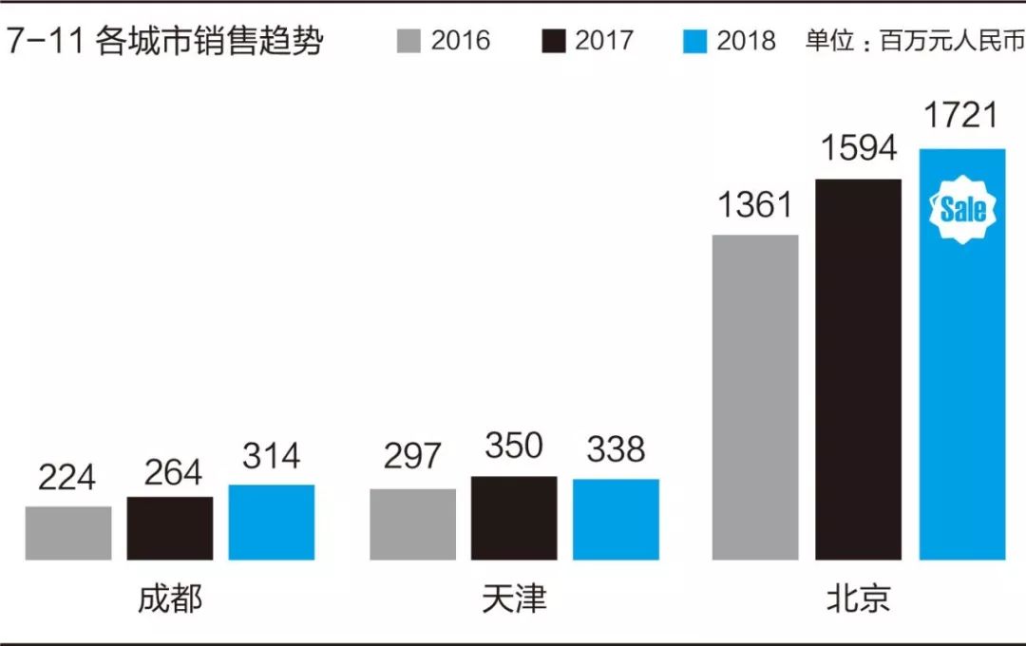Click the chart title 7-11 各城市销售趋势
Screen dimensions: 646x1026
[x=163, y=43]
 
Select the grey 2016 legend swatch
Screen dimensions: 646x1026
[x=408, y=42]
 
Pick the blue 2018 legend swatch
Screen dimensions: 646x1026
[x=695, y=42]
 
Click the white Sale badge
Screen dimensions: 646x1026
[x=962, y=210]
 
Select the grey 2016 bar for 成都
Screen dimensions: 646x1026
[x=68, y=533]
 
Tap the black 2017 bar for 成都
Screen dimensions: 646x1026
[x=170, y=528]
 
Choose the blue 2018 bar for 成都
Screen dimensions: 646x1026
[x=272, y=522]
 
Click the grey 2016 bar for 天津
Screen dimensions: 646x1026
[x=412, y=524]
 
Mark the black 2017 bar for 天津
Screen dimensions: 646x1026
[x=514, y=518]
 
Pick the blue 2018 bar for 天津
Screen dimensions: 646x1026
[x=616, y=520]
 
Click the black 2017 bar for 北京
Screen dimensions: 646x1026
[x=858, y=370]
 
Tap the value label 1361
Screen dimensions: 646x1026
[x=755, y=203]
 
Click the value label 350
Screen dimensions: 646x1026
[x=514, y=446]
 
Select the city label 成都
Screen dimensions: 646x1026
[x=170, y=599]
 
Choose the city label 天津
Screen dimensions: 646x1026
[x=514, y=599]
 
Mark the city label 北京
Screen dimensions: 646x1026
[x=858, y=599]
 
